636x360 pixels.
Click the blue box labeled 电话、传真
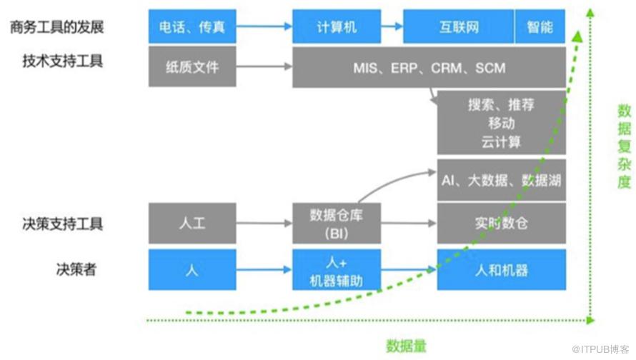pos(192,27)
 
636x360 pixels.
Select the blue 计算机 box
pos(336,27)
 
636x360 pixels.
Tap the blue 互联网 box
pos(459,27)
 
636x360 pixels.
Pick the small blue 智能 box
pos(540,27)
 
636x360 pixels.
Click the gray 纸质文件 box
pos(192,68)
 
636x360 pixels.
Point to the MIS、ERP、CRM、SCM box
pos(429,68)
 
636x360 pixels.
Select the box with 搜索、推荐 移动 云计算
pos(501,123)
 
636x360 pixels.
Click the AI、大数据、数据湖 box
pos(501,181)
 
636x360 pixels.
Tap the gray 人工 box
pos(192,223)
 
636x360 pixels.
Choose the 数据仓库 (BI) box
pos(336,223)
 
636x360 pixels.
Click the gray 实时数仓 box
pos(501,223)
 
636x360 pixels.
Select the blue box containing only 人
pos(192,270)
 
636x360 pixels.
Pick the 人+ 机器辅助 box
pos(336,270)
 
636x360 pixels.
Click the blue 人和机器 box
pos(501,270)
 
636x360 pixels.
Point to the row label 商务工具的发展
pos(57,27)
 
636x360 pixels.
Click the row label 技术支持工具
pos(63,61)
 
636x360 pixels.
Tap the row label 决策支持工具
pos(63,223)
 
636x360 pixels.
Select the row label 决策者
pos(76,269)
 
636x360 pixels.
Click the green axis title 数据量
pos(406,346)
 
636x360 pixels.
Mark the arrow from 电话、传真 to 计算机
pos(264,27)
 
